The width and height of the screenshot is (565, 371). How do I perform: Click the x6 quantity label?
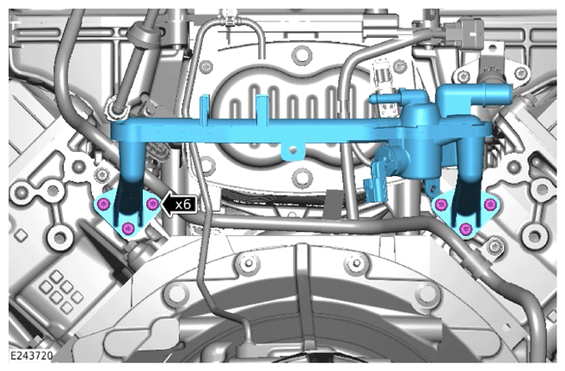(x=182, y=204)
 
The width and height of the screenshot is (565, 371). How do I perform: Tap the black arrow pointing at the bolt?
(x=179, y=204)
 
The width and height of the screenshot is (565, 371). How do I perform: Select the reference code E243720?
(x=31, y=356)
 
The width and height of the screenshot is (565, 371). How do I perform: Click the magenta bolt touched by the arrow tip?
(x=153, y=204)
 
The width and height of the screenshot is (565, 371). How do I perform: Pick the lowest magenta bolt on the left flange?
(x=128, y=228)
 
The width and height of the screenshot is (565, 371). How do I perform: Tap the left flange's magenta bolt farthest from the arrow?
(x=104, y=204)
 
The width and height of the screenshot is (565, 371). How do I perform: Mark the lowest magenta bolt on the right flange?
(x=465, y=228)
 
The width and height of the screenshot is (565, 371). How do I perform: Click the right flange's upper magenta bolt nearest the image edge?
(x=489, y=204)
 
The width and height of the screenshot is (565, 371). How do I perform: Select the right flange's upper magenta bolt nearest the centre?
(x=441, y=204)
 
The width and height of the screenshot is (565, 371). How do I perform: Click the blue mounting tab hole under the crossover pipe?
(x=293, y=151)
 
